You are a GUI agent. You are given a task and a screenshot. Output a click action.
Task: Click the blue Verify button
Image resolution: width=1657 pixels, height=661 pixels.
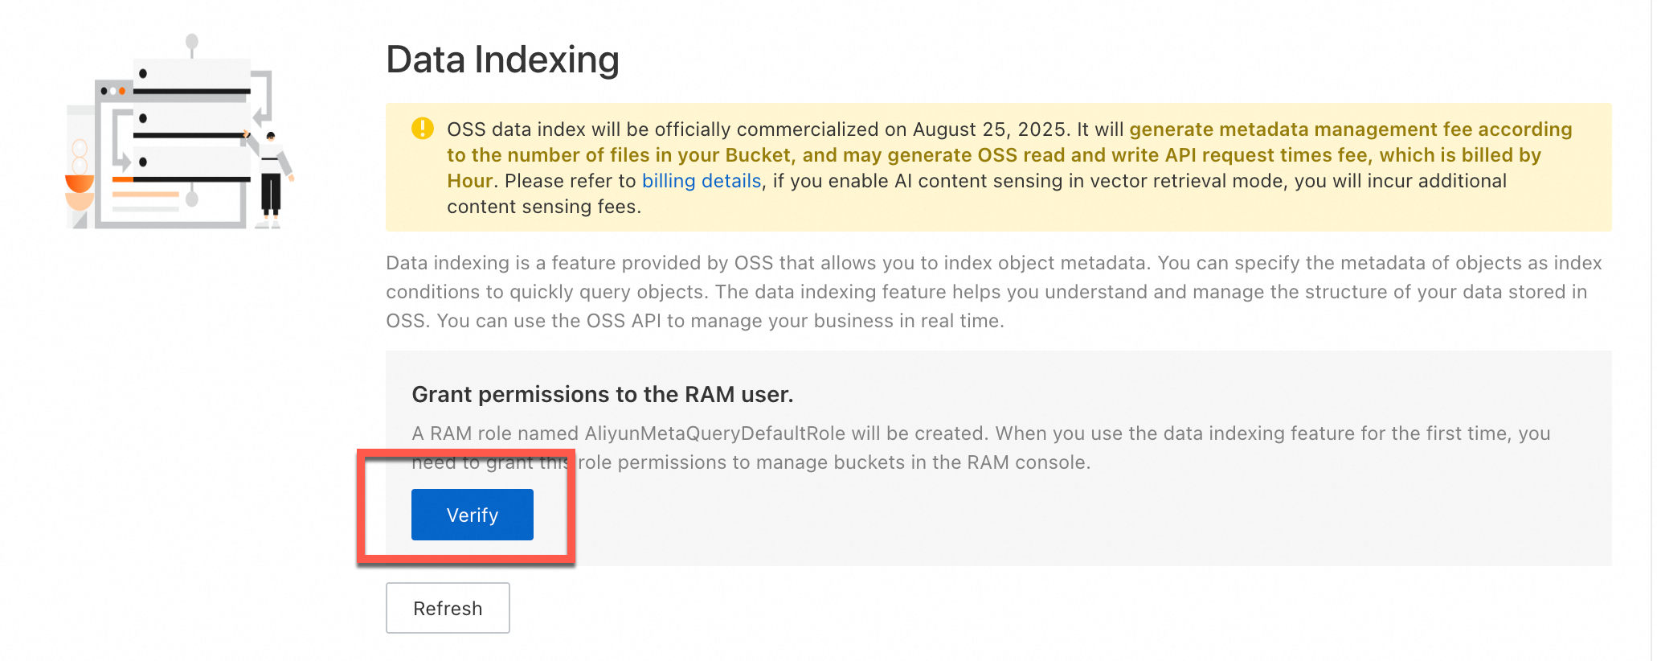tap(473, 515)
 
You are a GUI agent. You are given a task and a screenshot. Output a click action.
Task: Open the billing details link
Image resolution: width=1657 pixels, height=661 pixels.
tap(702, 181)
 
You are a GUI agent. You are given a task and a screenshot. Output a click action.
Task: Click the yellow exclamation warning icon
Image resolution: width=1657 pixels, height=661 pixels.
tap(423, 129)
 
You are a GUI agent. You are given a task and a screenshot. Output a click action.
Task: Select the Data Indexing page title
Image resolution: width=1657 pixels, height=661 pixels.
tap(503, 60)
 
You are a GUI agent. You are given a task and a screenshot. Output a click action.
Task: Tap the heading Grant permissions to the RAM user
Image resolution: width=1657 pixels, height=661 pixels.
tap(603, 394)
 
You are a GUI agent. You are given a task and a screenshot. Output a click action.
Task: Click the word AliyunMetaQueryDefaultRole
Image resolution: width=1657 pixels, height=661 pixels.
tap(715, 433)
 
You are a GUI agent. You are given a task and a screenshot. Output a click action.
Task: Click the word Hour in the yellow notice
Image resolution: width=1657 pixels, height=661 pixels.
tap(470, 181)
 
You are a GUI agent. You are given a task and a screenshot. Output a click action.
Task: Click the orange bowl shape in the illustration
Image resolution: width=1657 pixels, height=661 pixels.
tap(80, 184)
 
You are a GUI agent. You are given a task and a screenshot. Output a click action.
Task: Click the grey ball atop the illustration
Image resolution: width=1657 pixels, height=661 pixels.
tap(191, 41)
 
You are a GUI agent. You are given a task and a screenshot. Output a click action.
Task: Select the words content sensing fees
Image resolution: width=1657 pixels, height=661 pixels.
tap(543, 207)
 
